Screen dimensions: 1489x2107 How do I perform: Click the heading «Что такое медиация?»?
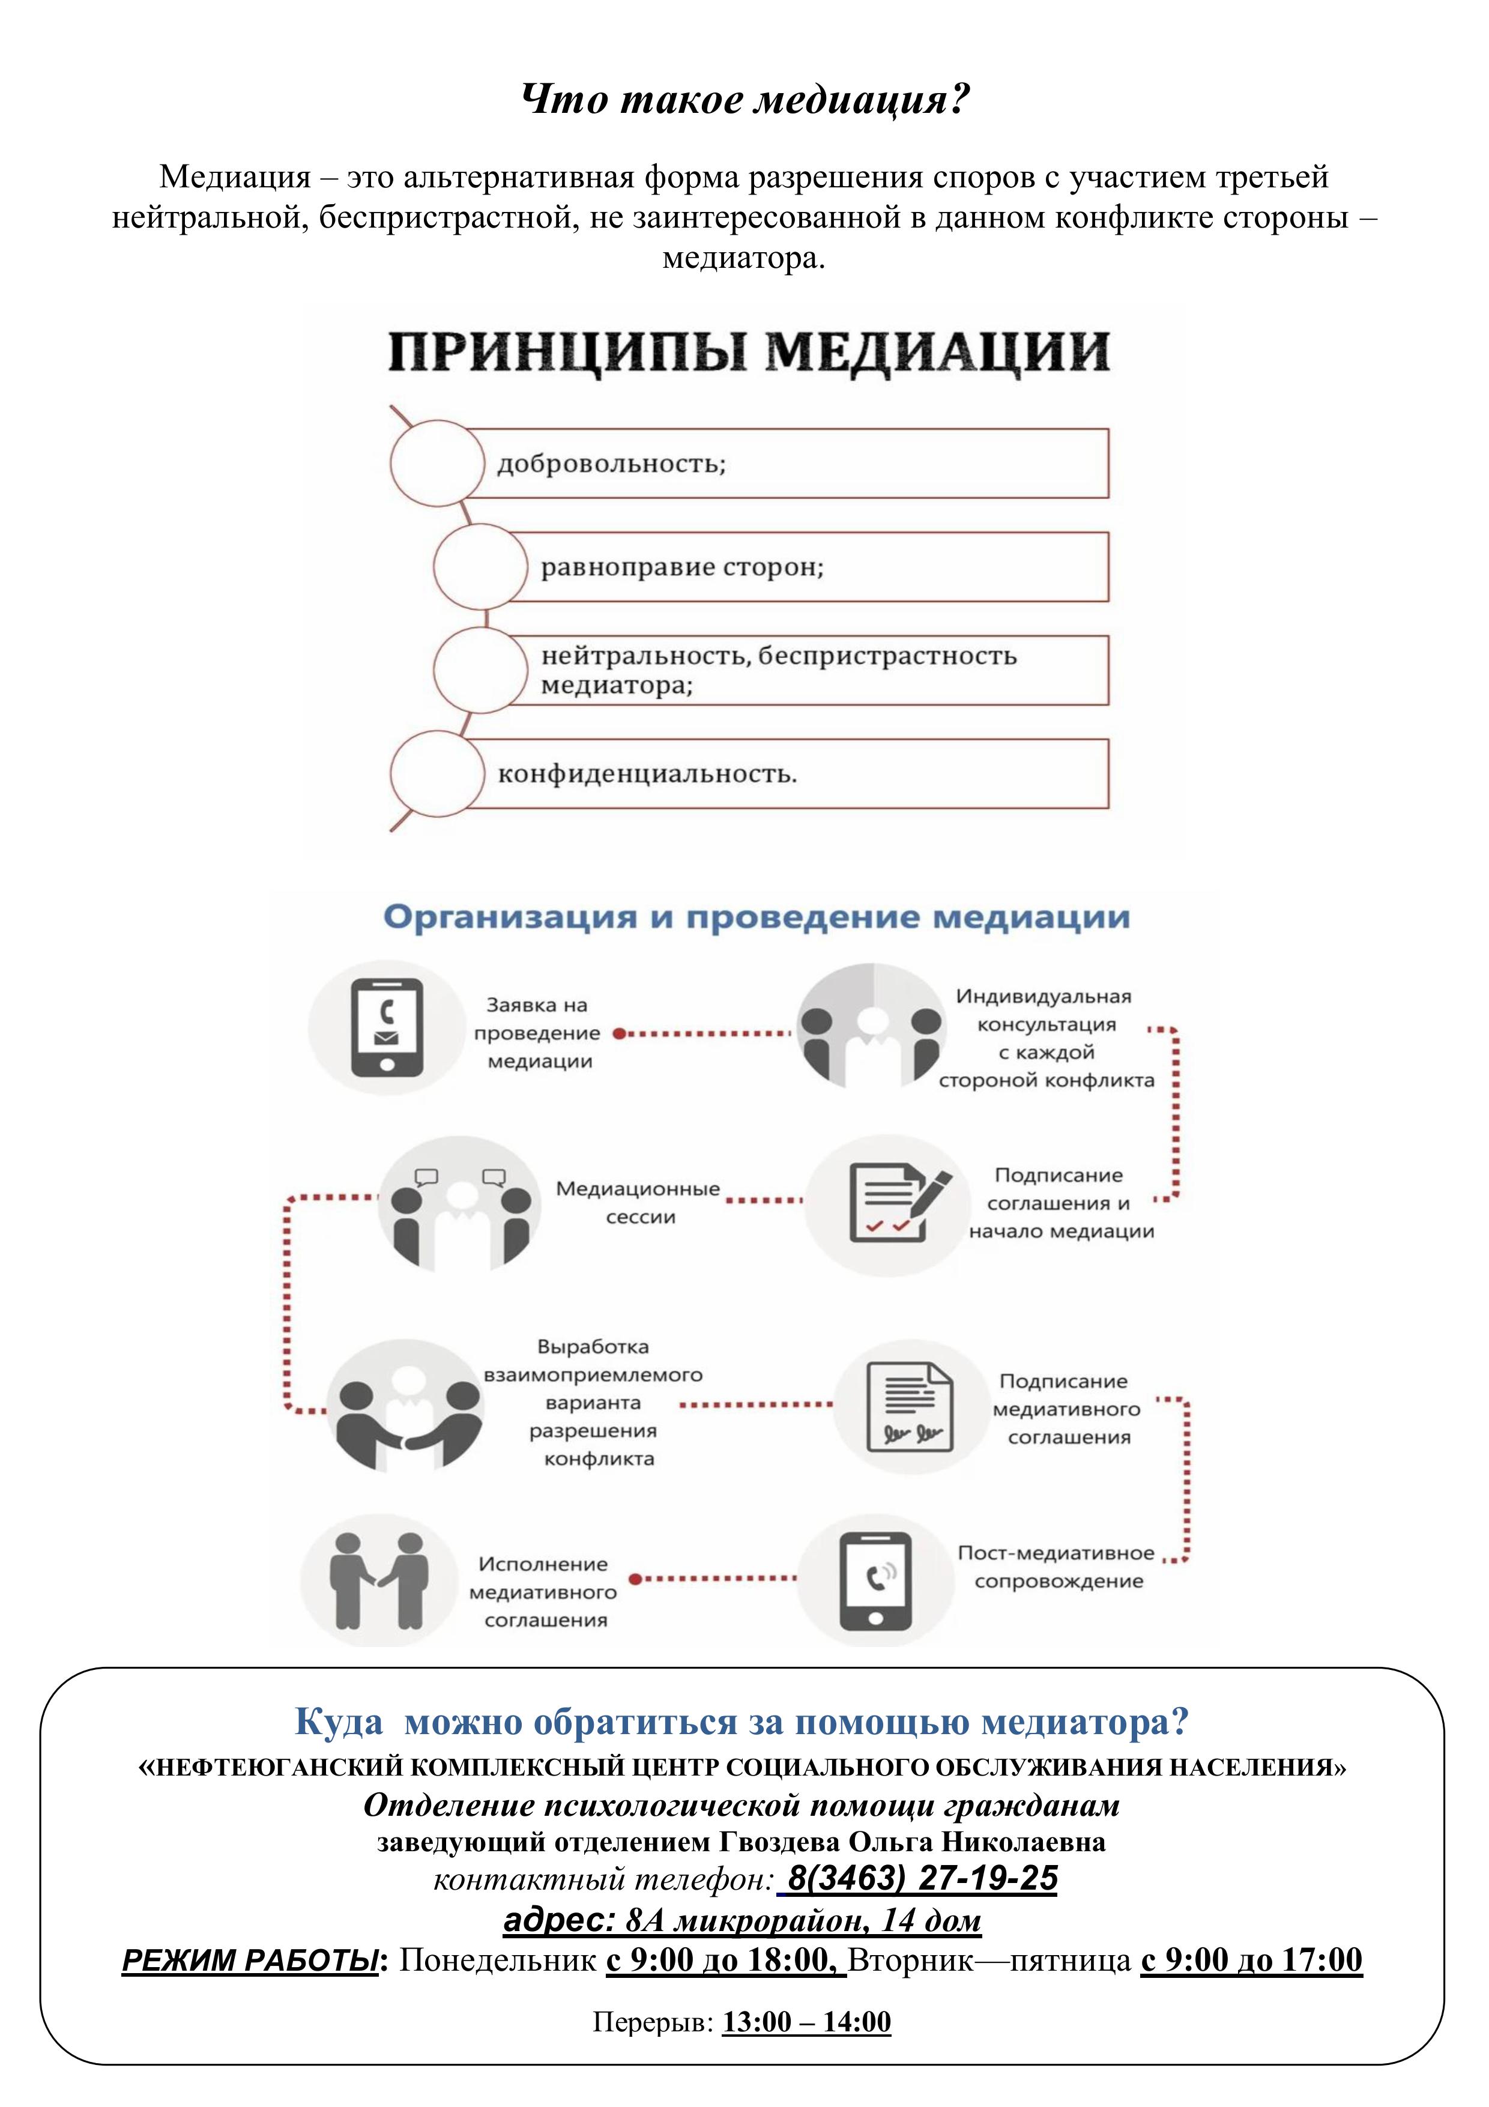pyautogui.click(x=745, y=99)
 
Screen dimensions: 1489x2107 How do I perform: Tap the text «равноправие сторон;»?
pyautogui.click(x=683, y=567)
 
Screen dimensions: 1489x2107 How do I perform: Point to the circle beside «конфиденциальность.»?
pyautogui.click(x=436, y=773)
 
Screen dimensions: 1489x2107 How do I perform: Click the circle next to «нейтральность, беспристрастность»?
pyautogui.click(x=480, y=670)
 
